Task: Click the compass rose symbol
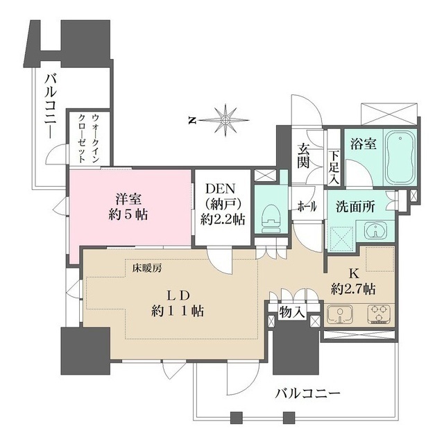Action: click(228, 119)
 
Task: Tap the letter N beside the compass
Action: click(191, 121)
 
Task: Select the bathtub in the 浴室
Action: click(398, 157)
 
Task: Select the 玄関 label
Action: click(304, 155)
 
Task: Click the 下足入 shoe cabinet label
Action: click(334, 167)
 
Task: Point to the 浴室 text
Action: click(362, 144)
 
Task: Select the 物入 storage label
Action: click(292, 312)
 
